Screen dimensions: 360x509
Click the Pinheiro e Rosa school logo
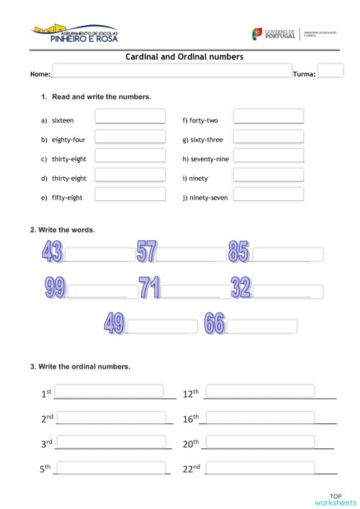click(x=76, y=34)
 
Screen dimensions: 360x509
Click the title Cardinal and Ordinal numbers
click(x=184, y=56)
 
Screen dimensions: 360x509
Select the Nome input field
click(x=171, y=71)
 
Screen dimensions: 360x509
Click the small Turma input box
click(x=330, y=71)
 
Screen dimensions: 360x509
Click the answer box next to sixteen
click(x=130, y=116)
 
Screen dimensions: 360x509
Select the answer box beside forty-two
click(x=269, y=116)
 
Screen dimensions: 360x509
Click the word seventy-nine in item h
click(x=210, y=158)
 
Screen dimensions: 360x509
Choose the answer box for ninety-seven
click(x=269, y=194)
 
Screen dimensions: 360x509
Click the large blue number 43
click(x=52, y=252)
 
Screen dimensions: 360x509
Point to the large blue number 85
click(x=238, y=252)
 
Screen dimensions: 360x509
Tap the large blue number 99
click(x=55, y=288)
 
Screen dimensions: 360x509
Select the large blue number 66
click(x=215, y=323)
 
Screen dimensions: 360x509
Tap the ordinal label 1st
click(x=46, y=393)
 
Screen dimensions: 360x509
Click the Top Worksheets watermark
click(x=336, y=499)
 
